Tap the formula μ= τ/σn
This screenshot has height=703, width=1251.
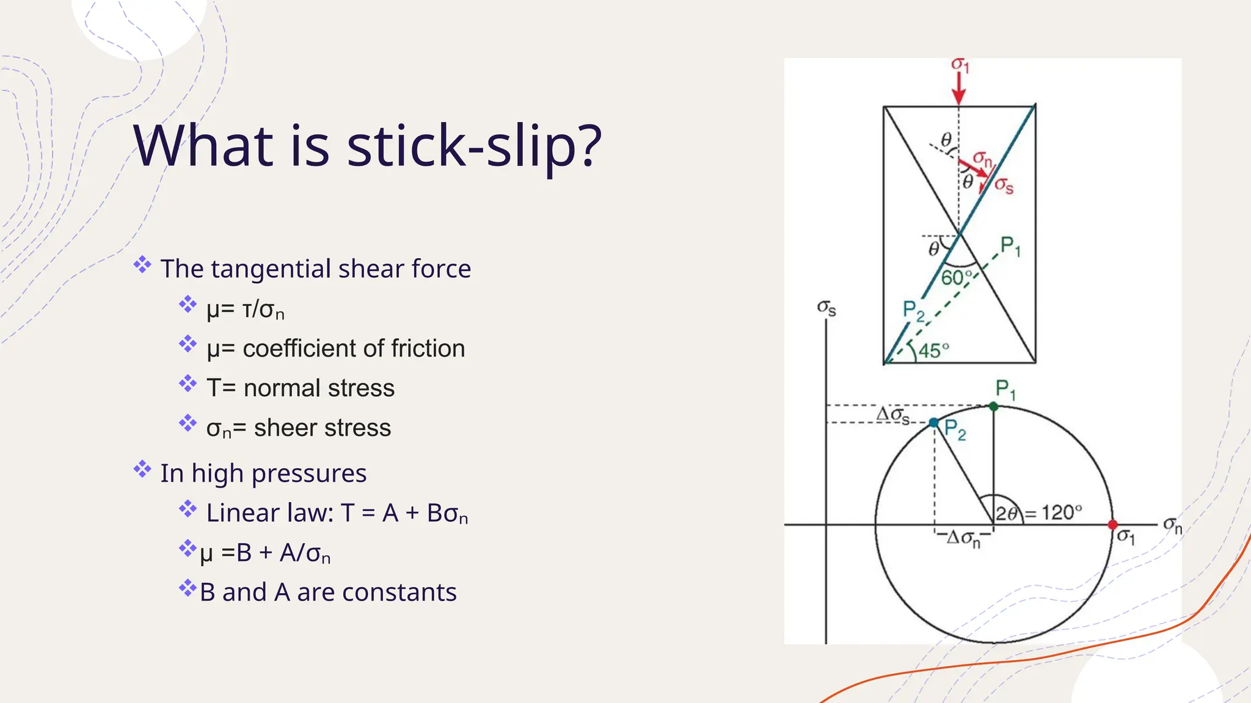tap(245, 309)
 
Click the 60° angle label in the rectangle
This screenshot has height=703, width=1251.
tap(956, 278)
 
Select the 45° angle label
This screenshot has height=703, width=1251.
tap(934, 351)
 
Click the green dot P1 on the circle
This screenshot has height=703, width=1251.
tap(993, 406)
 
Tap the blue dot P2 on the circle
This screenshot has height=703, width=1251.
tap(933, 422)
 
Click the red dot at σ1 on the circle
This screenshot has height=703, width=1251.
tap(1112, 525)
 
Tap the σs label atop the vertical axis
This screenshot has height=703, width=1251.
tap(826, 308)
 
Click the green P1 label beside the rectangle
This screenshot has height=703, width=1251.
tap(1010, 247)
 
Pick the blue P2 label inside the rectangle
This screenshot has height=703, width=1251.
tap(913, 311)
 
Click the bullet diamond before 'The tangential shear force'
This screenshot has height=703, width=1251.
tap(142, 265)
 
